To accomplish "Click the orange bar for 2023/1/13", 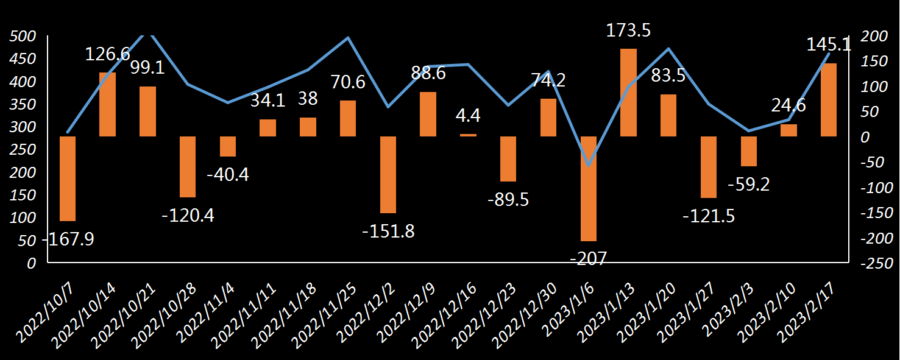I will (x=628, y=93).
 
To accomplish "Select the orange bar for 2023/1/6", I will (x=589, y=189).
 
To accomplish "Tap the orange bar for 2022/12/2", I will (x=388, y=175).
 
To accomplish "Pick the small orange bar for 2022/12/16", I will (x=468, y=135).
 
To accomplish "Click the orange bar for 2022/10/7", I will (x=68, y=178).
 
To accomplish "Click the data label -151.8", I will (x=388, y=231).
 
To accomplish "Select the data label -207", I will (x=589, y=258).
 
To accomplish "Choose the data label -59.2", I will (x=748, y=184).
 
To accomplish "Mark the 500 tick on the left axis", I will (x=23, y=36).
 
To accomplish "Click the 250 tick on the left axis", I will (x=23, y=150).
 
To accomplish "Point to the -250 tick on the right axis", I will (x=876, y=263).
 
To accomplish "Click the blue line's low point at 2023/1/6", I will (x=589, y=165).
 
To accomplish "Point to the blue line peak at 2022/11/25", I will (x=348, y=38).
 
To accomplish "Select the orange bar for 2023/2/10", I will (x=788, y=130).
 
